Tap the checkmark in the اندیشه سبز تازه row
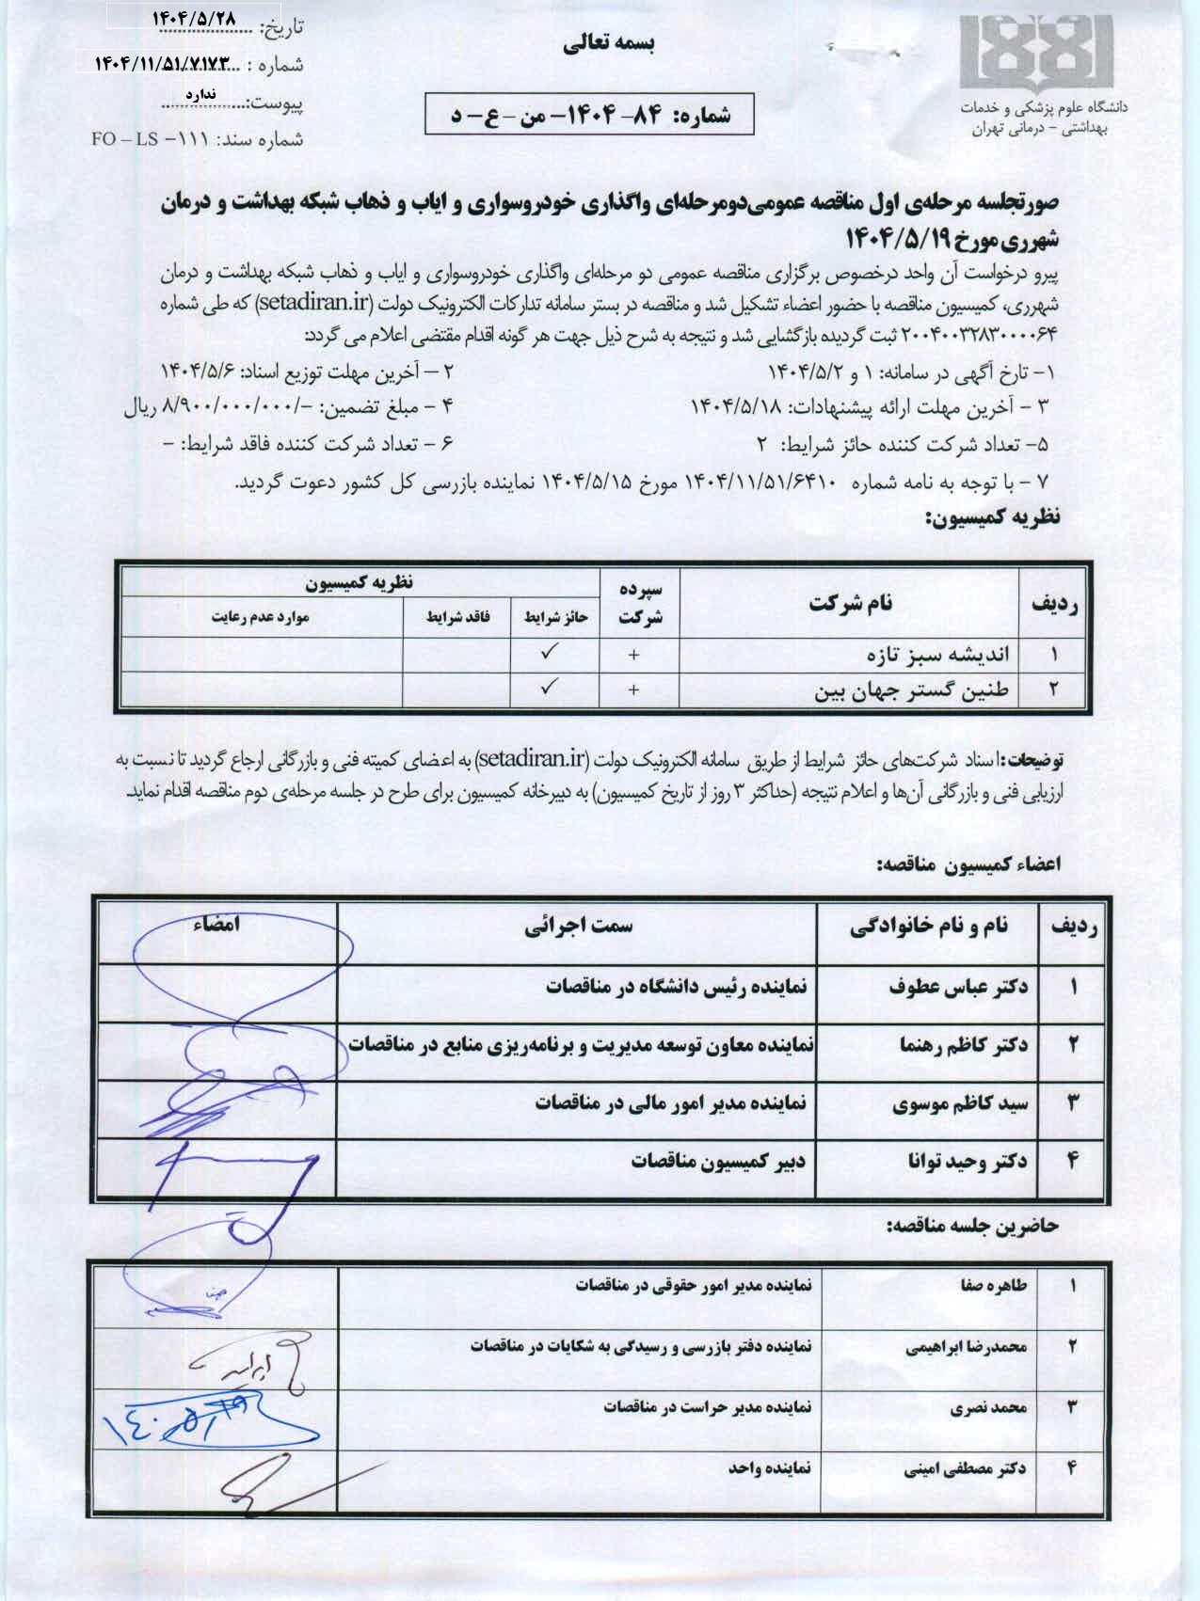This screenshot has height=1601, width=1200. (x=551, y=652)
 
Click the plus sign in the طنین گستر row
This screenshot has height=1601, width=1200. (x=634, y=690)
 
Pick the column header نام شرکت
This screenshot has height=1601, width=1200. (x=852, y=604)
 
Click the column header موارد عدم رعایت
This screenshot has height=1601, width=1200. (x=260, y=618)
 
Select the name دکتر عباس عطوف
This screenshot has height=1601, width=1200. (x=957, y=987)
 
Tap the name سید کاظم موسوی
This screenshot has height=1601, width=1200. (x=959, y=1103)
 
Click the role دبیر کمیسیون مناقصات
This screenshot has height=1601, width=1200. (x=718, y=1161)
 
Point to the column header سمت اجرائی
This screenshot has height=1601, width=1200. (x=579, y=927)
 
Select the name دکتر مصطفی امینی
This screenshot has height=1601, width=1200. (x=965, y=1467)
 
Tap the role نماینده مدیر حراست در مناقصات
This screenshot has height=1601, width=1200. (x=707, y=1408)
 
